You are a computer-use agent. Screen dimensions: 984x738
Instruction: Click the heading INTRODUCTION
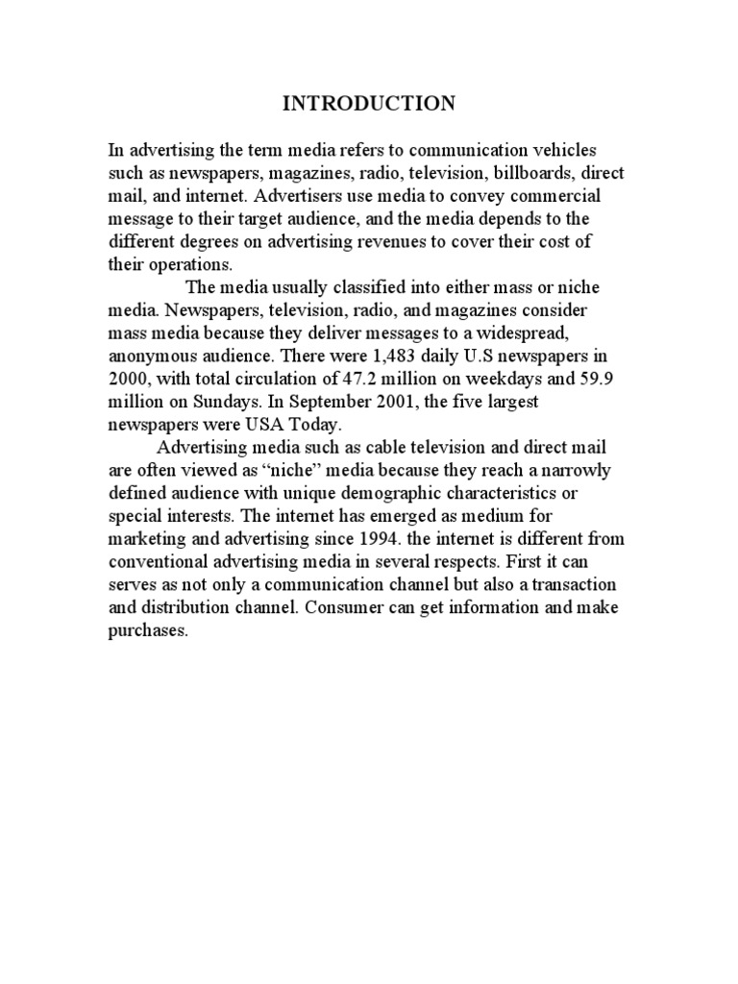(x=369, y=104)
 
